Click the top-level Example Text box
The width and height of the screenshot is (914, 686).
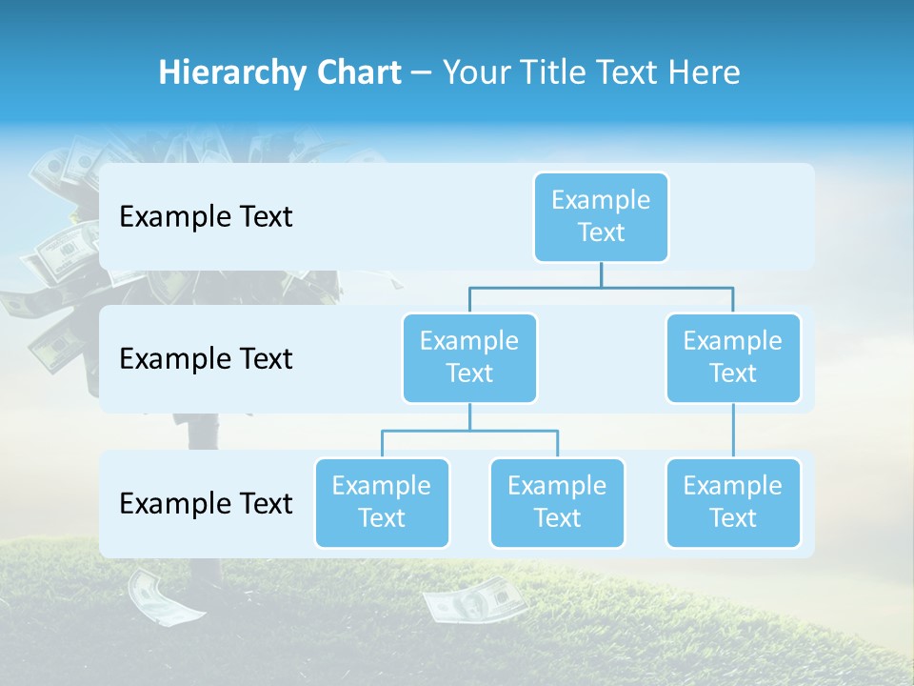pyautogui.click(x=601, y=216)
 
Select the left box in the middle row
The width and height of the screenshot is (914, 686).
pyautogui.click(x=469, y=357)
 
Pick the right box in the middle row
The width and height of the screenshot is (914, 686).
pyautogui.click(x=733, y=357)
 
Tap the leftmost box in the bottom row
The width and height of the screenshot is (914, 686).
pyautogui.click(x=382, y=502)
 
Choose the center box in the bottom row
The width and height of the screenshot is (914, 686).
pyautogui.click(x=557, y=502)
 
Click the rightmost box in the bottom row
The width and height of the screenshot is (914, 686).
pyautogui.click(x=733, y=502)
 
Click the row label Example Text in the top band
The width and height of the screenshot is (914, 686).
pyautogui.click(x=206, y=216)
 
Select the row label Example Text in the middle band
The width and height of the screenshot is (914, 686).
pyautogui.click(x=206, y=358)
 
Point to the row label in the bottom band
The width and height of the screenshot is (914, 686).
pyautogui.click(x=206, y=503)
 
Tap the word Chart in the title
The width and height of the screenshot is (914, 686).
pyautogui.click(x=355, y=72)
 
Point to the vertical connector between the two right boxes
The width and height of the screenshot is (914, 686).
pyautogui.click(x=733, y=431)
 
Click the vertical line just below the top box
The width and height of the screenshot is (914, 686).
pyautogui.click(x=601, y=274)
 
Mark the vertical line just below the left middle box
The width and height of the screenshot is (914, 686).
pyautogui.click(x=469, y=416)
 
